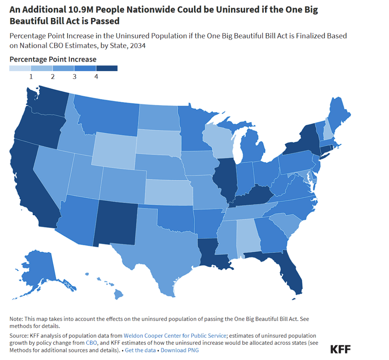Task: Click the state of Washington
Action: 44,101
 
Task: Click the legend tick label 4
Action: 96,77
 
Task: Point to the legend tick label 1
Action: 31,77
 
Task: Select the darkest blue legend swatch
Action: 107,68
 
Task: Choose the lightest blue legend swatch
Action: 20,68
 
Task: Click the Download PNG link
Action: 179,350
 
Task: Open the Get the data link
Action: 140,350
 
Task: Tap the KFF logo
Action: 340,349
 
